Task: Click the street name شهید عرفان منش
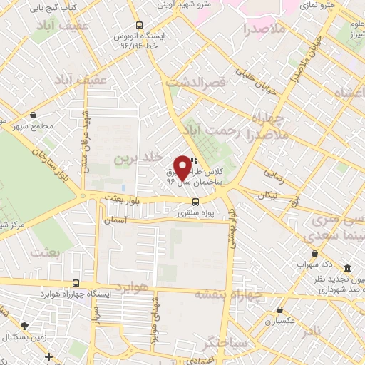86,132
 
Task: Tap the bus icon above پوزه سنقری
185,202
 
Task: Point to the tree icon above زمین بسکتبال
26,325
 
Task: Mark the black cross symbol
48,356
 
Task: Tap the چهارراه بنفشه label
228,292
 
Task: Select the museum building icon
347,268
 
